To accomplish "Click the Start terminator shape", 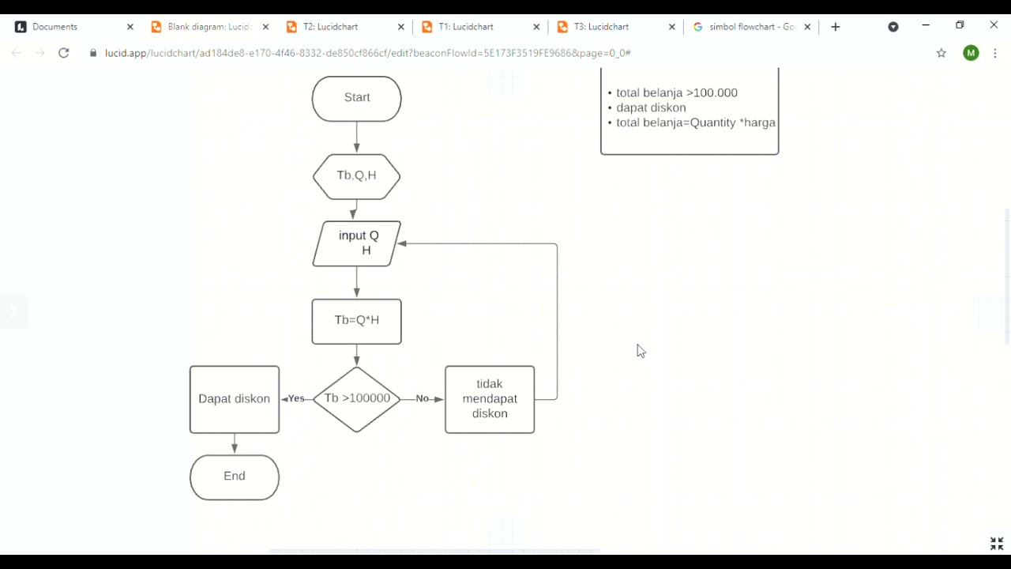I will (x=356, y=99).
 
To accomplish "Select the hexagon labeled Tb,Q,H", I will (x=356, y=176).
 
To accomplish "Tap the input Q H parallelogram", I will (x=356, y=243).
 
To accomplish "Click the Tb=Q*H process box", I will (x=356, y=321).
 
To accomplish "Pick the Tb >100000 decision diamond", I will (x=356, y=399).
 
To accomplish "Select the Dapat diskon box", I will (x=235, y=399).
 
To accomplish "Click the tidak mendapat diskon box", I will (x=490, y=399).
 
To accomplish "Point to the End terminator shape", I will (x=235, y=477).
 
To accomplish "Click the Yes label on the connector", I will (x=296, y=399).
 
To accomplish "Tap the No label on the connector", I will (x=423, y=399).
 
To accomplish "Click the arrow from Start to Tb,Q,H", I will (x=356, y=138).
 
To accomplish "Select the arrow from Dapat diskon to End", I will (x=235, y=443).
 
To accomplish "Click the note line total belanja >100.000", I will (x=676, y=93).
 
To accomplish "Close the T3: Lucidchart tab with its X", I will (x=672, y=27).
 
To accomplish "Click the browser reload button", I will (x=64, y=53).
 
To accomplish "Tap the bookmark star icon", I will (x=941, y=53).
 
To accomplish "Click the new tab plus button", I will (x=836, y=27).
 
